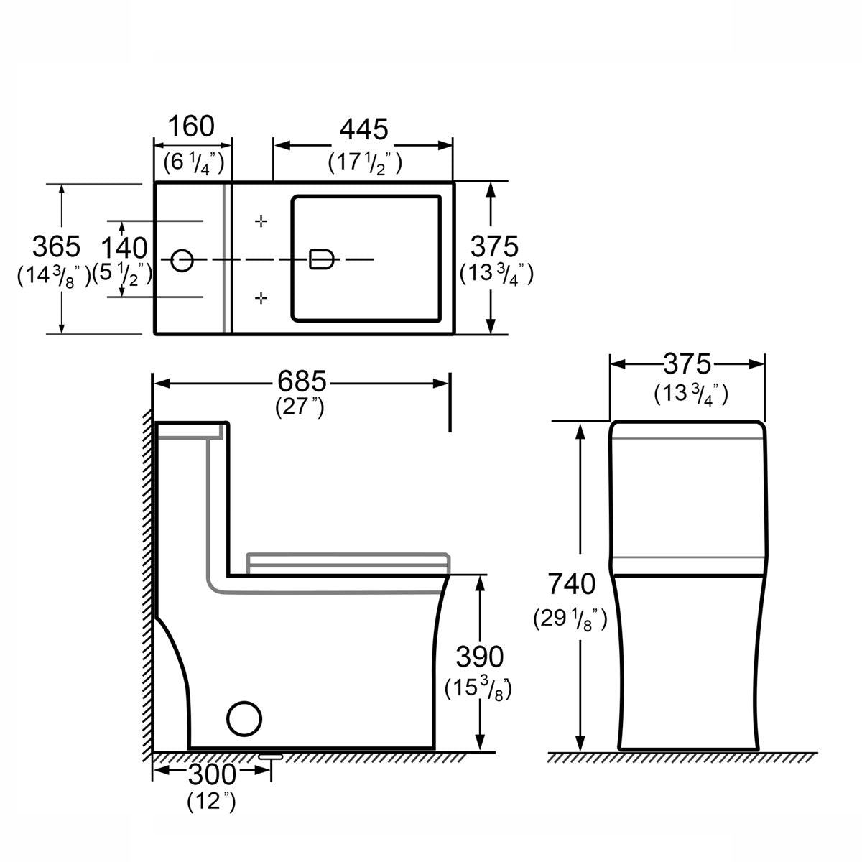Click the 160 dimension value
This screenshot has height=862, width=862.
(x=191, y=126)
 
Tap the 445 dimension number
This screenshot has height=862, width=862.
(x=364, y=129)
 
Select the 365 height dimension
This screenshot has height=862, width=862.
(x=56, y=246)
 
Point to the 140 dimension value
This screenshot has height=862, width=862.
(x=124, y=249)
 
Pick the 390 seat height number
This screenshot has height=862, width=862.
(x=480, y=656)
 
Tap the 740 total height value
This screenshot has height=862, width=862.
(x=572, y=584)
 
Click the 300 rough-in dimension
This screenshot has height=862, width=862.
(x=212, y=774)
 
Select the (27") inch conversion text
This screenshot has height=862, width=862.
(x=301, y=407)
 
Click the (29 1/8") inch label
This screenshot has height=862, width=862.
(x=571, y=617)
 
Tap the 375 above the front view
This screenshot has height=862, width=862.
(x=687, y=364)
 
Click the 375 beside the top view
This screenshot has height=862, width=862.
(x=494, y=247)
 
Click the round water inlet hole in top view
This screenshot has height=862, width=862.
(x=182, y=259)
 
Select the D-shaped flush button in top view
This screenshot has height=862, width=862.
(x=320, y=259)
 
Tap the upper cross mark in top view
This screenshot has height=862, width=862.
(x=262, y=221)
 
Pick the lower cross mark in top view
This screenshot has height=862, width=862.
(x=262, y=296)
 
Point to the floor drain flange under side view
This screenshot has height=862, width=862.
(x=272, y=756)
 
